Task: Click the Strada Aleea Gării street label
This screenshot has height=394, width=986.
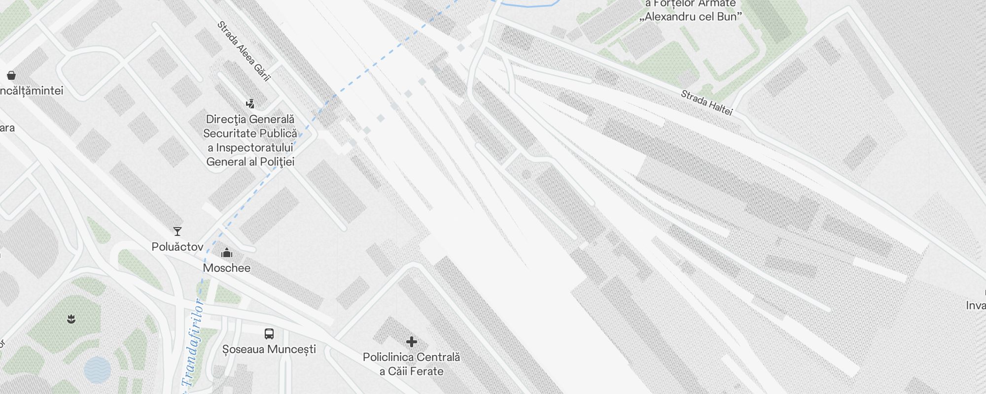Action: [x=244, y=51]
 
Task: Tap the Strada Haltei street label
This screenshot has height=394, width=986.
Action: [x=706, y=102]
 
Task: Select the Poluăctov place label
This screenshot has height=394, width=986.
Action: [x=177, y=247]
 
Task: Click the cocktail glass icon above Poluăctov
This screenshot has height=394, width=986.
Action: [x=177, y=231]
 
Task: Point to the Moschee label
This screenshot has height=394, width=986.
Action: [x=227, y=268]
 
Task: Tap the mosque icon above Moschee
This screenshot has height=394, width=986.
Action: [x=227, y=253]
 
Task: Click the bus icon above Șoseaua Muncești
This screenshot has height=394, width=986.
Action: [x=269, y=334]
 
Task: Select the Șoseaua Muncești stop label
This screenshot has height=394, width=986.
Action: [x=269, y=349]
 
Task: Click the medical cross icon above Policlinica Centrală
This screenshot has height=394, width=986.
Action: [x=412, y=342]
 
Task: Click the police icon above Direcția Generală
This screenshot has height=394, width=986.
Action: [x=250, y=104]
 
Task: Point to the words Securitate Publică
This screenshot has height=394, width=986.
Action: [x=250, y=133]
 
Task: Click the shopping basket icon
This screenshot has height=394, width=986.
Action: [x=11, y=75]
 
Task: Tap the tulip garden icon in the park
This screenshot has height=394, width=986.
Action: [x=71, y=319]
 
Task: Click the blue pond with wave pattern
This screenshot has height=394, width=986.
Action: [x=97, y=370]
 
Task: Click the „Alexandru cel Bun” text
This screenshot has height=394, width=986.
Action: [x=691, y=17]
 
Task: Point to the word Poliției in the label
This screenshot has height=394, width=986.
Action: [x=277, y=162]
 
